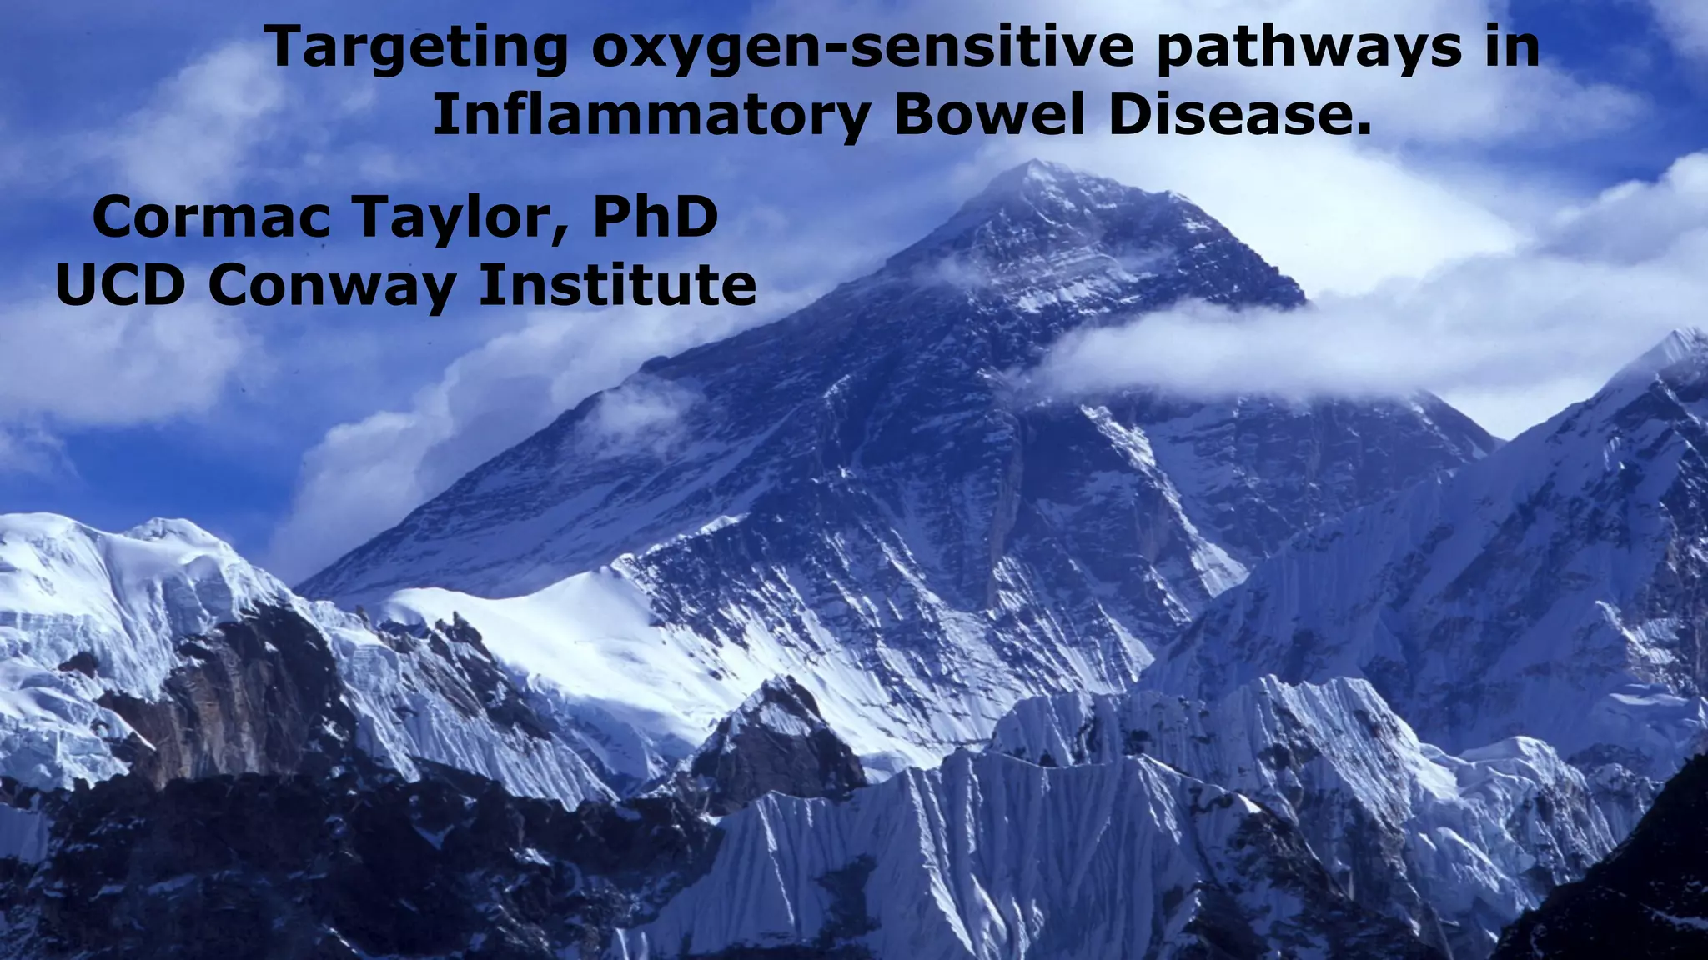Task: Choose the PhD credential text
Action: coord(656,218)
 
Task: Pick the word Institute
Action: coord(617,285)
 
